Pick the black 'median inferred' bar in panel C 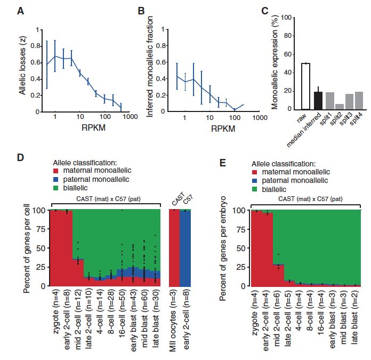(318, 100)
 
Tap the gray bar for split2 (340, 106)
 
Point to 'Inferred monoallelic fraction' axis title (150, 70)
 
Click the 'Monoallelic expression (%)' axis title (276, 63)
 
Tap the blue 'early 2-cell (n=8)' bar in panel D (185, 249)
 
